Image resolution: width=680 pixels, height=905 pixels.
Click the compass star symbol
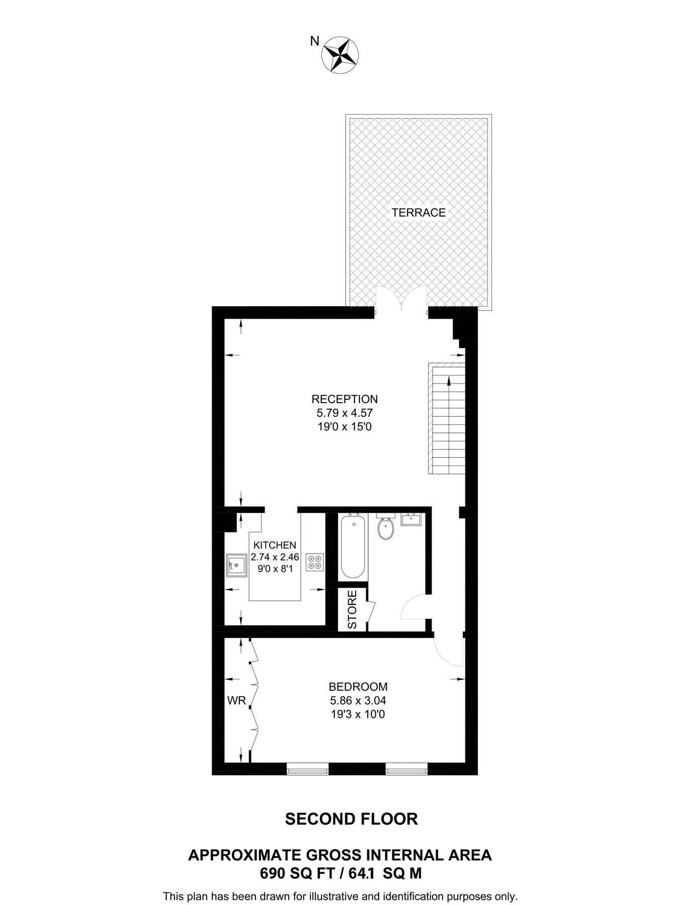(x=339, y=54)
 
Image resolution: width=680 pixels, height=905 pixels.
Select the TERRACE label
(x=418, y=213)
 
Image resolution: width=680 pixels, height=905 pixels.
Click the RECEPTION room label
(x=345, y=399)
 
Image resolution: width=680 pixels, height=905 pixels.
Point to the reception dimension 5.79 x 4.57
(x=345, y=413)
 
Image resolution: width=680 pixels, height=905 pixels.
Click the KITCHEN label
(x=275, y=545)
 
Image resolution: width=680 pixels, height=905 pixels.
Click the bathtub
(x=353, y=547)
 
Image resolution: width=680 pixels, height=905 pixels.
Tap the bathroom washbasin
(x=411, y=519)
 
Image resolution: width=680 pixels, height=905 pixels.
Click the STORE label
(x=352, y=609)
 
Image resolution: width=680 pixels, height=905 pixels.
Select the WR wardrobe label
(x=236, y=700)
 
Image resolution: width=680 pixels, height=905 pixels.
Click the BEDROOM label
(x=358, y=686)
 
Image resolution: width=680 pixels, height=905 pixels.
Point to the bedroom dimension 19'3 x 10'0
(x=358, y=714)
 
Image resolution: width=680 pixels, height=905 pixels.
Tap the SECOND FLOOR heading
(x=351, y=819)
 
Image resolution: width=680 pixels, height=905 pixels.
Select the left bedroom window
(x=307, y=769)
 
